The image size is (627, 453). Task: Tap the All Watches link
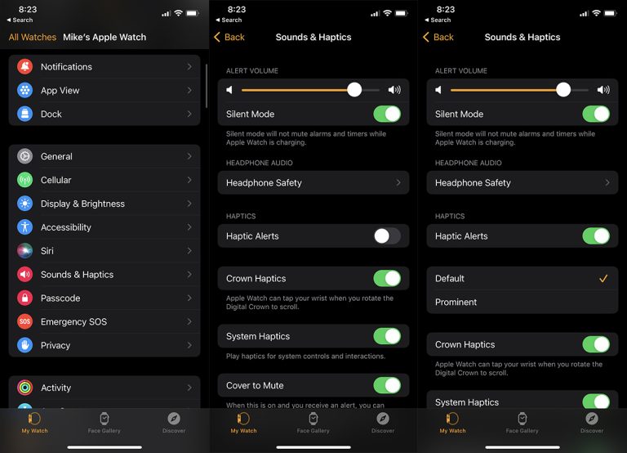tap(33, 37)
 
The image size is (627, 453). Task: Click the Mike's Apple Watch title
tap(104, 37)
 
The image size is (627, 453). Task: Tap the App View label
tap(60, 91)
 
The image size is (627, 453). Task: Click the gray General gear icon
tap(25, 156)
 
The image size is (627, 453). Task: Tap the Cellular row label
tap(56, 180)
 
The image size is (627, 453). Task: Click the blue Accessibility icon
tap(25, 227)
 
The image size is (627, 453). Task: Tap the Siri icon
tap(25, 251)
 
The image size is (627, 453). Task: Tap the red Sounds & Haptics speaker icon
tap(25, 275)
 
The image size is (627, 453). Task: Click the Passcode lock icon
tap(25, 298)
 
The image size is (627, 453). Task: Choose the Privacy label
tap(56, 346)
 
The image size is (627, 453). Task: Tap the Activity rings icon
tap(25, 388)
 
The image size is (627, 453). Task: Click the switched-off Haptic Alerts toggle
tap(387, 236)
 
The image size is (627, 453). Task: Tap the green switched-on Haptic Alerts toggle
tap(596, 236)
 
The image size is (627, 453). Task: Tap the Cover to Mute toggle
tap(387, 385)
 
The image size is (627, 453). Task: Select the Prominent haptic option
tap(456, 303)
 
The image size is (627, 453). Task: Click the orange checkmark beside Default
tap(603, 279)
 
